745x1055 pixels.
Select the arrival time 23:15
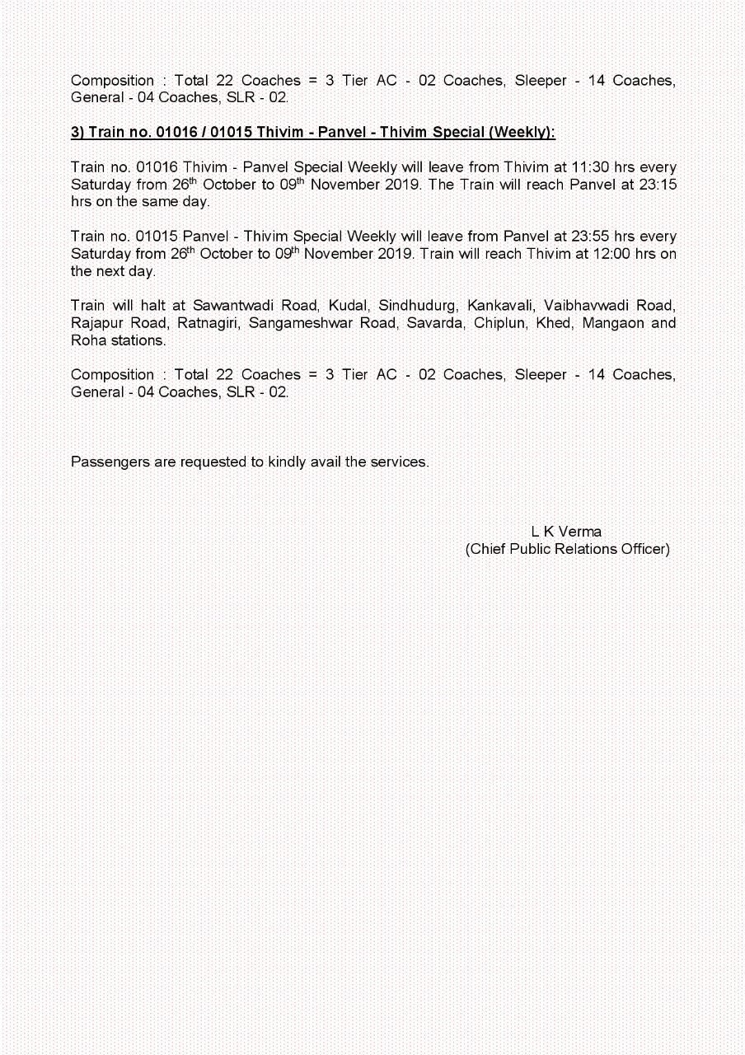(x=660, y=185)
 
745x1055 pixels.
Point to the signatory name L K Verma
(x=566, y=532)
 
